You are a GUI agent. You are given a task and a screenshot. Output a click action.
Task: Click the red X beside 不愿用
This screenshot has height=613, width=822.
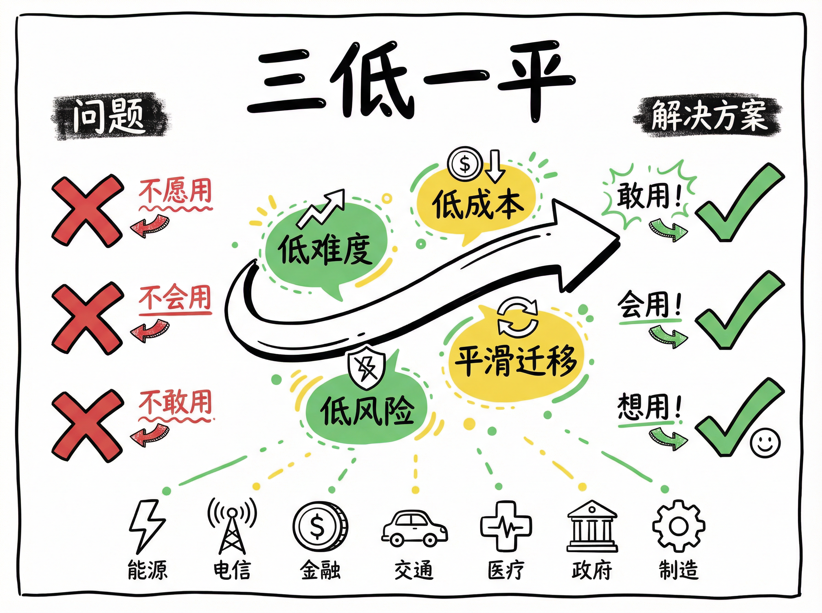(87, 211)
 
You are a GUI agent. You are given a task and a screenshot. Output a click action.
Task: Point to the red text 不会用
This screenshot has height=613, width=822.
(175, 298)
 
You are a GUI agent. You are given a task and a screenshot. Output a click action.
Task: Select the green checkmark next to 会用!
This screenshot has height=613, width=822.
(739, 311)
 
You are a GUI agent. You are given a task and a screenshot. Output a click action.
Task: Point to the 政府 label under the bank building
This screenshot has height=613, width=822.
(591, 570)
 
